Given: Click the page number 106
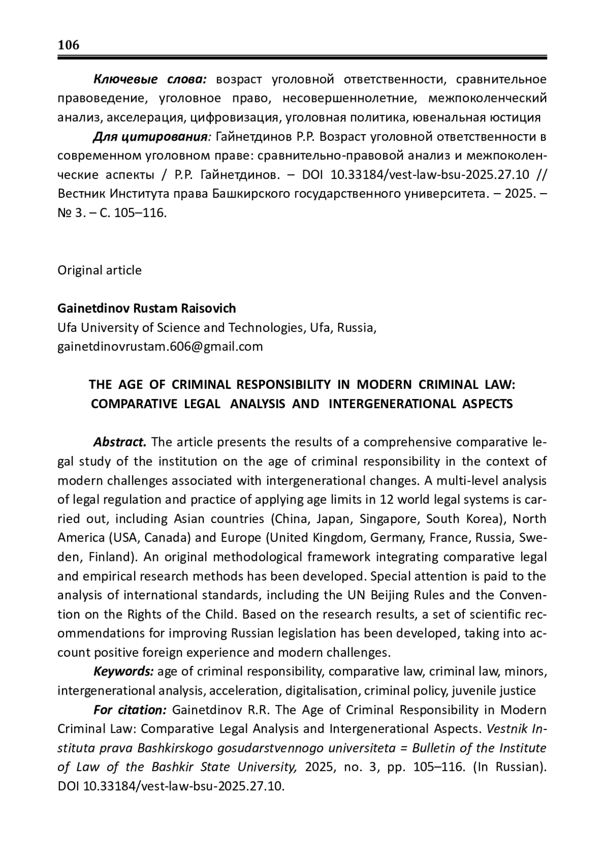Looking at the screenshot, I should click(69, 45).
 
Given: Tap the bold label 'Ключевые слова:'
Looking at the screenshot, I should click(149, 79).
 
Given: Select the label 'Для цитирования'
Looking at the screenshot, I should click(150, 137).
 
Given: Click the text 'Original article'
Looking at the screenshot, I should click(99, 270).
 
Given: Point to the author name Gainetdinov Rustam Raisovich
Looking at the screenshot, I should click(147, 308).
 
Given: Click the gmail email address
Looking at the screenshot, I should click(160, 347).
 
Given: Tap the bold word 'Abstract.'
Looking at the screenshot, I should click(120, 442).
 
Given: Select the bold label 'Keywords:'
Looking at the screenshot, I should click(124, 671).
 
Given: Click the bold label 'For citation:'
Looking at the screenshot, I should click(130, 710).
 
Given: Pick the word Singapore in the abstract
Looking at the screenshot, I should click(394, 519).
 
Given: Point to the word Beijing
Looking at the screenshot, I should click(390, 595).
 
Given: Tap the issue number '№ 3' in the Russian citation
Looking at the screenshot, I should click(68, 213).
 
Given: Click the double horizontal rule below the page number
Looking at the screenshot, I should click(302, 58).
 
